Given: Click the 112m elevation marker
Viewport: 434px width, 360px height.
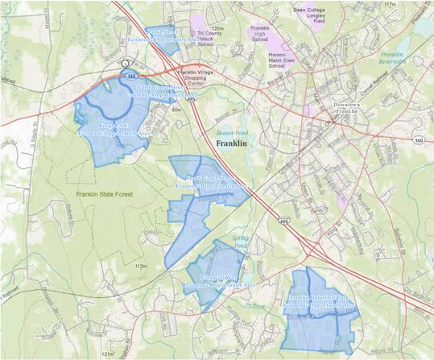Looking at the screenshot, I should [142, 265].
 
